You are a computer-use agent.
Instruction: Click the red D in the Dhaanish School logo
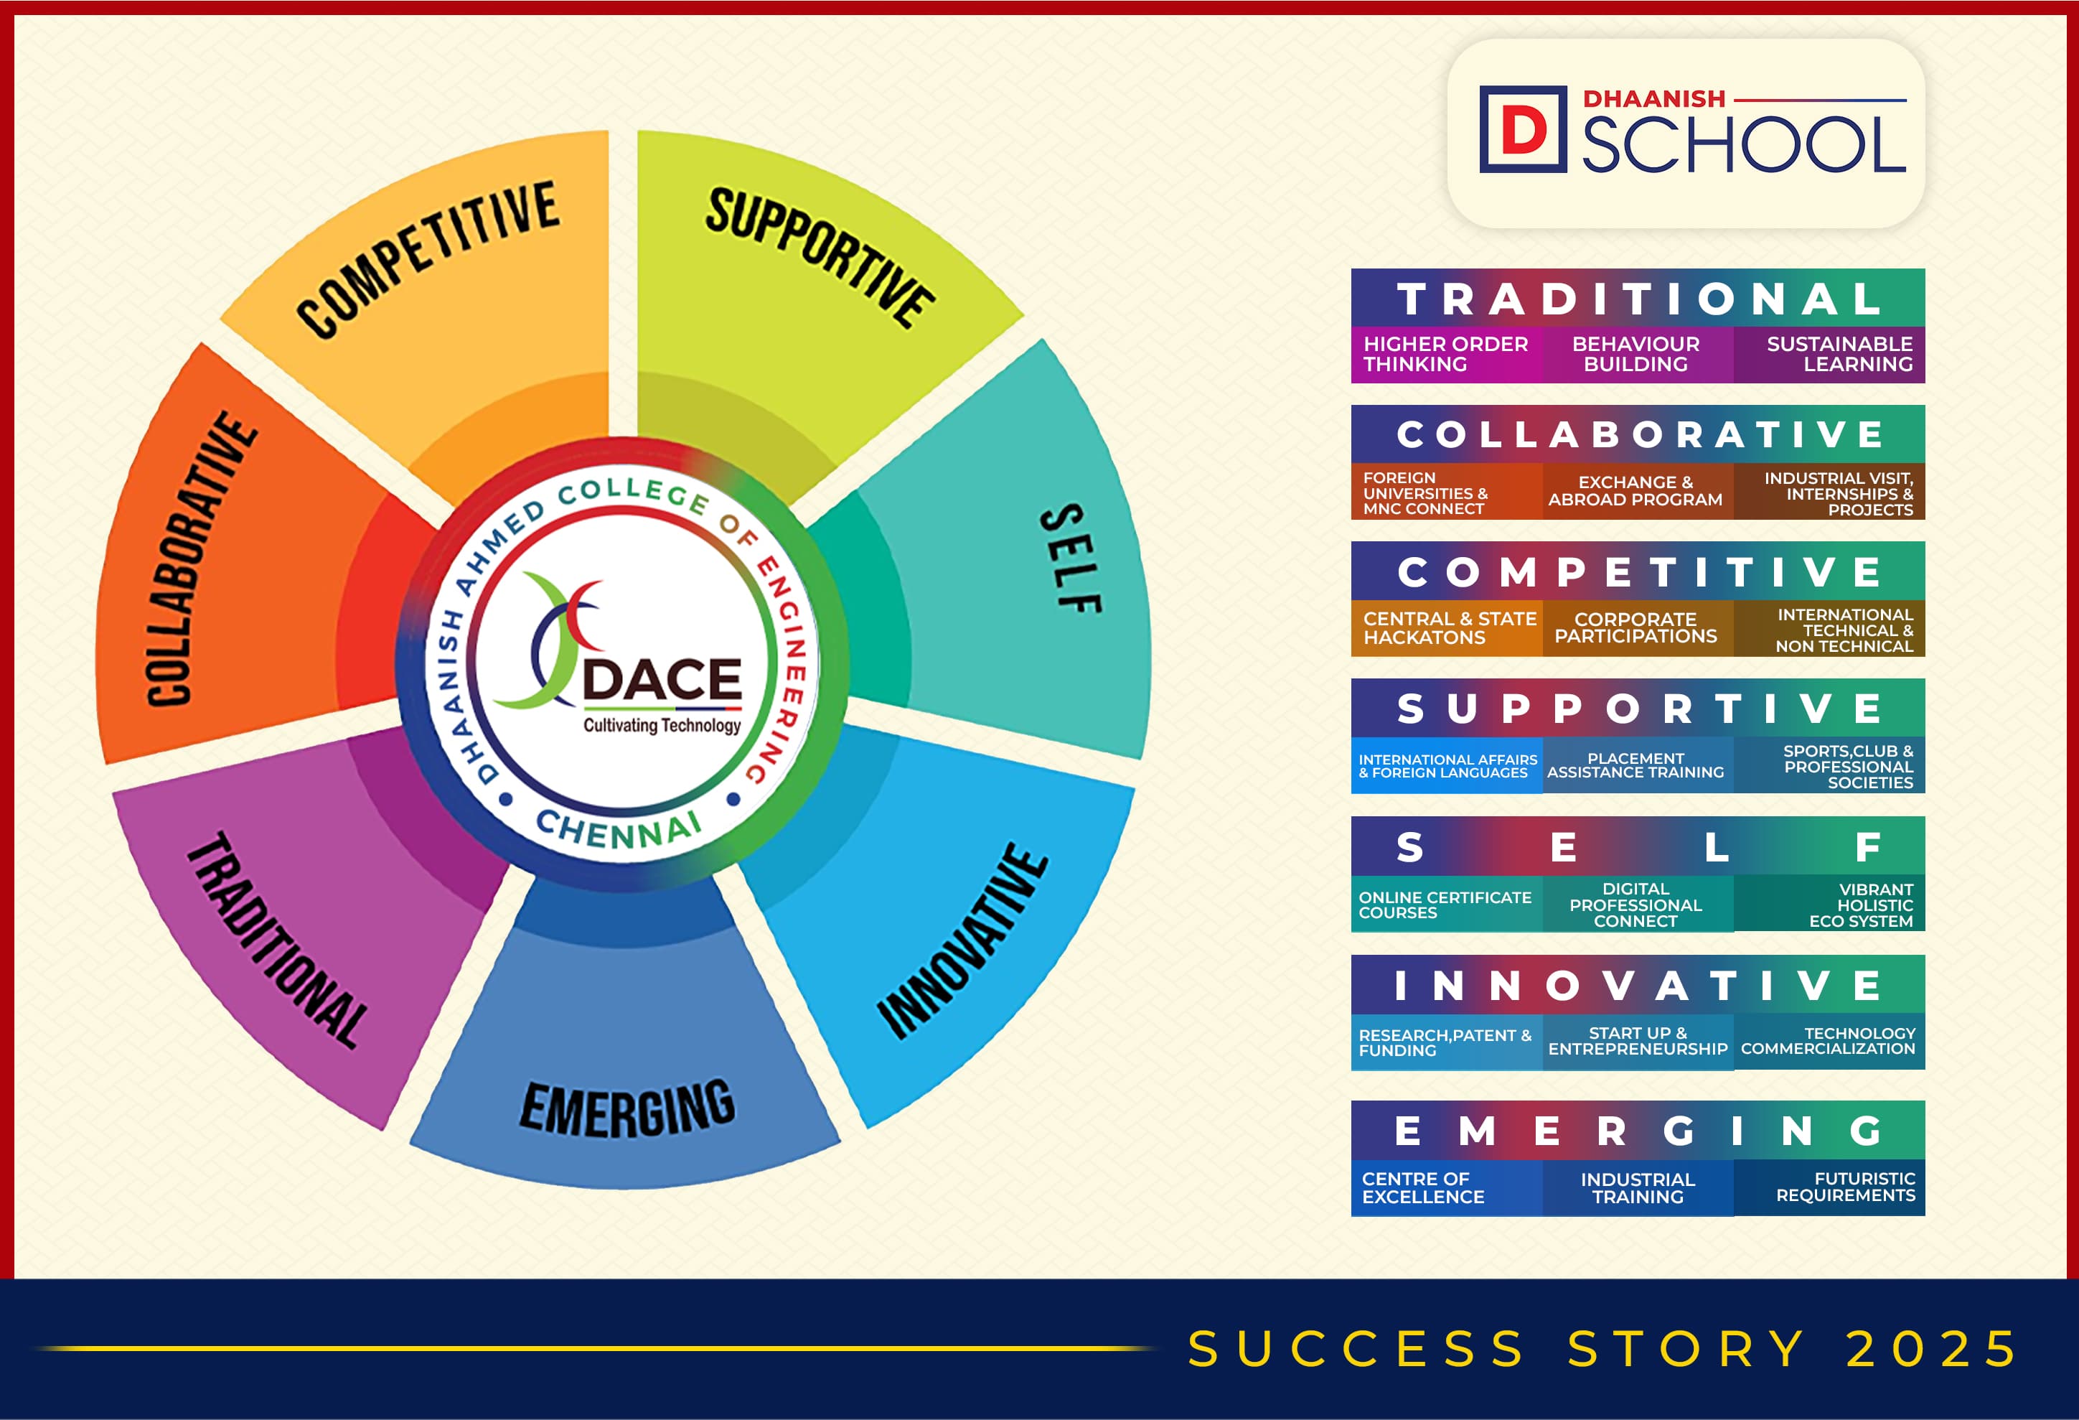pyautogui.click(x=1524, y=130)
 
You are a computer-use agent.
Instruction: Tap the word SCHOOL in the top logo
pyautogui.click(x=1745, y=144)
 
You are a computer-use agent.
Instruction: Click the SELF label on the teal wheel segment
pyautogui.click(x=1071, y=557)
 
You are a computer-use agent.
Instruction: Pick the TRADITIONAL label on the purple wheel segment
pyautogui.click(x=277, y=940)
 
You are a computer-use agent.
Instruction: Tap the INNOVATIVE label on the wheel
pyautogui.click(x=962, y=941)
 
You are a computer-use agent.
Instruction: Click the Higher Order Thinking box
pyautogui.click(x=1447, y=355)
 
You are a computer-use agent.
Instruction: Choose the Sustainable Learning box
pyautogui.click(x=1829, y=355)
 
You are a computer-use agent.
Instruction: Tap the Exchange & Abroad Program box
pyautogui.click(x=1638, y=491)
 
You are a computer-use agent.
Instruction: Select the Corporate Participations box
pyautogui.click(x=1638, y=628)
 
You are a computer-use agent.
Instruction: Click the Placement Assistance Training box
pyautogui.click(x=1638, y=765)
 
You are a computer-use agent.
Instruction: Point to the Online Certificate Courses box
pyautogui.click(x=1447, y=904)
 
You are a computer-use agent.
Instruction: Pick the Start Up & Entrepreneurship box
pyautogui.click(x=1638, y=1042)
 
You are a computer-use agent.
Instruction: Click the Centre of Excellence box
pyautogui.click(x=1447, y=1187)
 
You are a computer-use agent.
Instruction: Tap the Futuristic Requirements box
pyautogui.click(x=1829, y=1187)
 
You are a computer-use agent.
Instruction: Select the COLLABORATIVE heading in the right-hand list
pyautogui.click(x=1641, y=435)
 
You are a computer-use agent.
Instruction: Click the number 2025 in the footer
pyautogui.click(x=1931, y=1350)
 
